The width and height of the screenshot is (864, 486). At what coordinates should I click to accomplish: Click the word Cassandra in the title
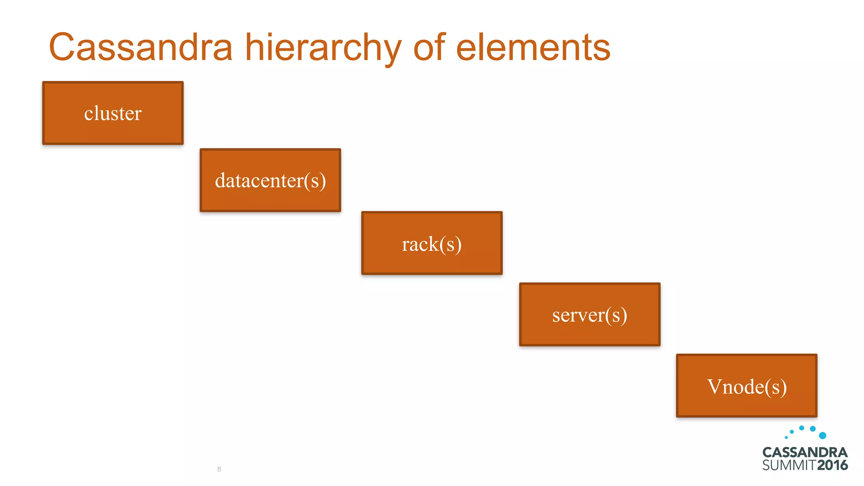[141, 47]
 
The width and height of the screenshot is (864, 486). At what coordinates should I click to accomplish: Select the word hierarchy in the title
[323, 48]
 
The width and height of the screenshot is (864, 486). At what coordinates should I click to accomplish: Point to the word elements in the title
[533, 47]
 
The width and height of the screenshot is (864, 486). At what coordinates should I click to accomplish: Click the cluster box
[113, 113]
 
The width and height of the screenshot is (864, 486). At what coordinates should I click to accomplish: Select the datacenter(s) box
[270, 180]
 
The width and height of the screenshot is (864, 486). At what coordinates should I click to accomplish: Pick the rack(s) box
[432, 243]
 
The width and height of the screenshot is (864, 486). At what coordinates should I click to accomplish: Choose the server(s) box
[590, 314]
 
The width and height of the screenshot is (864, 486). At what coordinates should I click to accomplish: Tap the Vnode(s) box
[747, 386]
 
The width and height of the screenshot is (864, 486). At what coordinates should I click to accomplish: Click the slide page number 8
[219, 469]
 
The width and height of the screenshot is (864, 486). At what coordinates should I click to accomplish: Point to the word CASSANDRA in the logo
[805, 452]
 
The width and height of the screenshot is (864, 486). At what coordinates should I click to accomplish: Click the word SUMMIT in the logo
[789, 465]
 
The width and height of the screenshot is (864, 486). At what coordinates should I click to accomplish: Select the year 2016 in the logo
[832, 465]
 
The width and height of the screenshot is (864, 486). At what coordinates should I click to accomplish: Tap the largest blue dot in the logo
[822, 435]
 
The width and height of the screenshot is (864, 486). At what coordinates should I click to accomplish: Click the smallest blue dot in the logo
[786, 437]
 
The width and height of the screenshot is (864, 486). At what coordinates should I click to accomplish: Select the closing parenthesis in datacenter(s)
[323, 181]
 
